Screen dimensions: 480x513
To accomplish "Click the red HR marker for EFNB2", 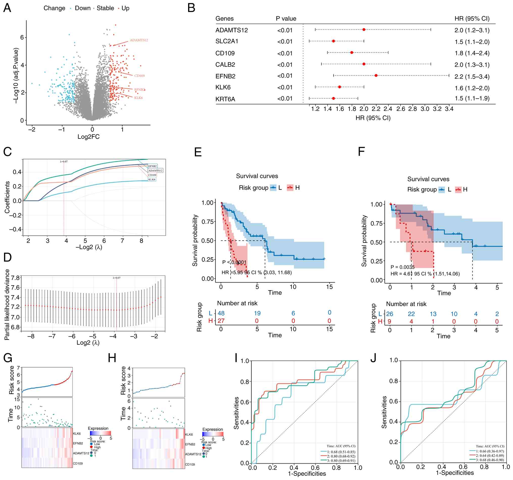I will (376, 75).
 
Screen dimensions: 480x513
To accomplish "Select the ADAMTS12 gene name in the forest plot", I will (232, 30).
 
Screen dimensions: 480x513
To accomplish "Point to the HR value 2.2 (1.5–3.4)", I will (472, 77).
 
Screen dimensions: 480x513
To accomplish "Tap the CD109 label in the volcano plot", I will (139, 76).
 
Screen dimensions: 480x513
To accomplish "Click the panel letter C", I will (8, 152).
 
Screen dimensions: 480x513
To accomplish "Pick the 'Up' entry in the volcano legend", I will (125, 8).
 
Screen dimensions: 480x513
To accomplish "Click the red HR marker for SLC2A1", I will (334, 41).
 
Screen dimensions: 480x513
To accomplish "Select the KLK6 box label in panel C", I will (152, 179).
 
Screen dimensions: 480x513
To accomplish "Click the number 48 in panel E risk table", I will (221, 313).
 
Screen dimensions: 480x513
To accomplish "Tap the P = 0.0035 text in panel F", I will (403, 267).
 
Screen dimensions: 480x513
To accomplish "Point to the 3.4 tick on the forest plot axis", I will (449, 109).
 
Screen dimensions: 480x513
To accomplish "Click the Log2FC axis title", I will (89, 137).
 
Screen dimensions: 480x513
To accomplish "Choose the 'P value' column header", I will (286, 19).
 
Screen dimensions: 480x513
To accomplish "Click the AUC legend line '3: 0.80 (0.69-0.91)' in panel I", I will (341, 461).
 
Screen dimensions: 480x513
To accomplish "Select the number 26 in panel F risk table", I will (390, 314).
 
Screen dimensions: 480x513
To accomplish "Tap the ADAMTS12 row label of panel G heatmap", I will (81, 453).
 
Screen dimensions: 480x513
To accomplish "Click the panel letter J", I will (373, 358).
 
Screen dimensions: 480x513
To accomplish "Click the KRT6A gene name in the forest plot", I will (225, 99).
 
